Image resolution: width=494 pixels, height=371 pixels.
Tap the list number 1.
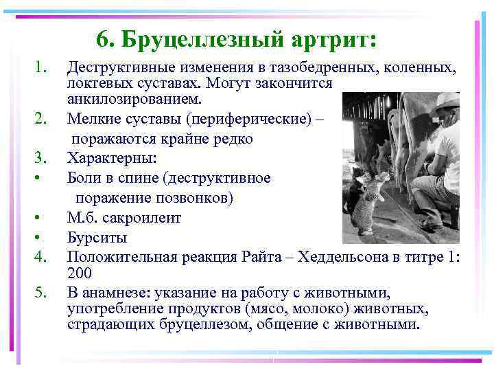tap(41, 68)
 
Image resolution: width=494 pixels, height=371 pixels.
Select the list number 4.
tap(41, 257)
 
